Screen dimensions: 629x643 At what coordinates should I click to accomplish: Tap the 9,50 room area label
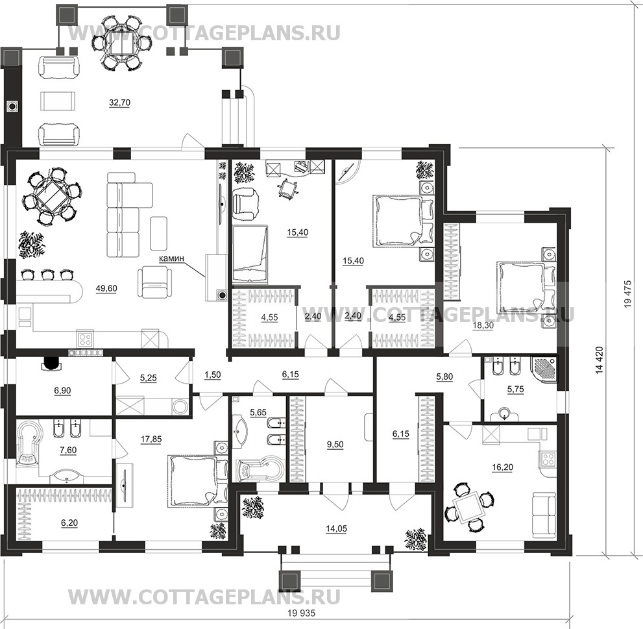click(x=336, y=445)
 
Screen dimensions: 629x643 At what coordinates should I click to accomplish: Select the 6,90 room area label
click(x=64, y=392)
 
